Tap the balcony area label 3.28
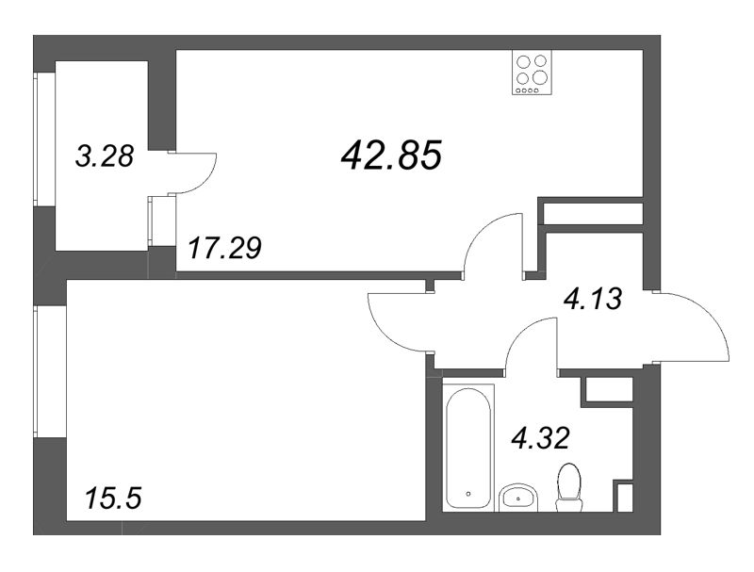tap(104, 156)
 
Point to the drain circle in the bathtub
tap(468, 492)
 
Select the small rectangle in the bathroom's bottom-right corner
tap(623, 496)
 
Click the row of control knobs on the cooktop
tap(532, 90)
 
